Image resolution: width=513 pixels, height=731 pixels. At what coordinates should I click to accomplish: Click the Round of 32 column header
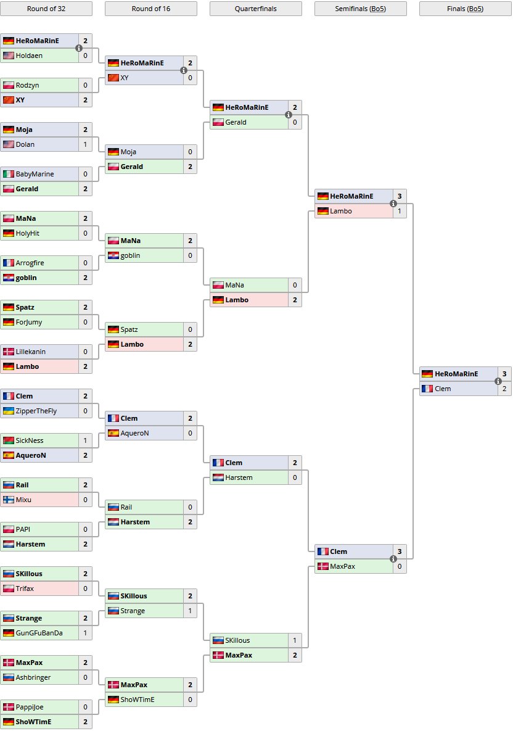pyautogui.click(x=46, y=9)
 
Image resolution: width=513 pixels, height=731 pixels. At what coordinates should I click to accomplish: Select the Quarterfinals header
pyautogui.click(x=256, y=9)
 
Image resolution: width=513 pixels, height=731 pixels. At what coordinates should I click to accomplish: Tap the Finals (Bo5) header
pyautogui.click(x=466, y=9)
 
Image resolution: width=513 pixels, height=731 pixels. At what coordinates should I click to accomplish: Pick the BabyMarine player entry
pyautogui.click(x=35, y=174)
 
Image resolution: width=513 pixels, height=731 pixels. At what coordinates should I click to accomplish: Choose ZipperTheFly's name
pyautogui.click(x=36, y=411)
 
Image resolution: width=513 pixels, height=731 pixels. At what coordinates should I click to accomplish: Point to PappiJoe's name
pyautogui.click(x=30, y=707)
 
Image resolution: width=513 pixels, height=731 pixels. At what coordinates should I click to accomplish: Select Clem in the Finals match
pyautogui.click(x=443, y=389)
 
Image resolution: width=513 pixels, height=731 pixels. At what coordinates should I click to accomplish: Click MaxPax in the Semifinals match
pyautogui.click(x=342, y=566)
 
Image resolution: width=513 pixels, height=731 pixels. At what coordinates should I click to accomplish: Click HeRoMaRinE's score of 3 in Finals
pyautogui.click(x=504, y=374)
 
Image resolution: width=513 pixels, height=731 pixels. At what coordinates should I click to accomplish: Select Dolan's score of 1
pyautogui.click(x=85, y=144)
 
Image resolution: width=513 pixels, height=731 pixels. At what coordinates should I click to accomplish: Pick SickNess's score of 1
pyautogui.click(x=85, y=440)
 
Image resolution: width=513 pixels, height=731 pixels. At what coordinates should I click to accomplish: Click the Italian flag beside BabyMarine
pyautogui.click(x=8, y=174)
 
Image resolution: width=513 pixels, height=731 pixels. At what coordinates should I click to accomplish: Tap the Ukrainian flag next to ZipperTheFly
pyautogui.click(x=8, y=411)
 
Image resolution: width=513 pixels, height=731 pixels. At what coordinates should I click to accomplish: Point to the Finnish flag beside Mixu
pyautogui.click(x=8, y=500)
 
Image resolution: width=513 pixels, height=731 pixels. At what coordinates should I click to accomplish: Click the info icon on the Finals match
pyautogui.click(x=498, y=381)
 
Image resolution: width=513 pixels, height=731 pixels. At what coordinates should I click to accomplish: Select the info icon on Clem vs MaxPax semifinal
pyautogui.click(x=393, y=559)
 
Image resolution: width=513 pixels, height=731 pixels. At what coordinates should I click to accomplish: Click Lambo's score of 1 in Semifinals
pyautogui.click(x=400, y=211)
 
